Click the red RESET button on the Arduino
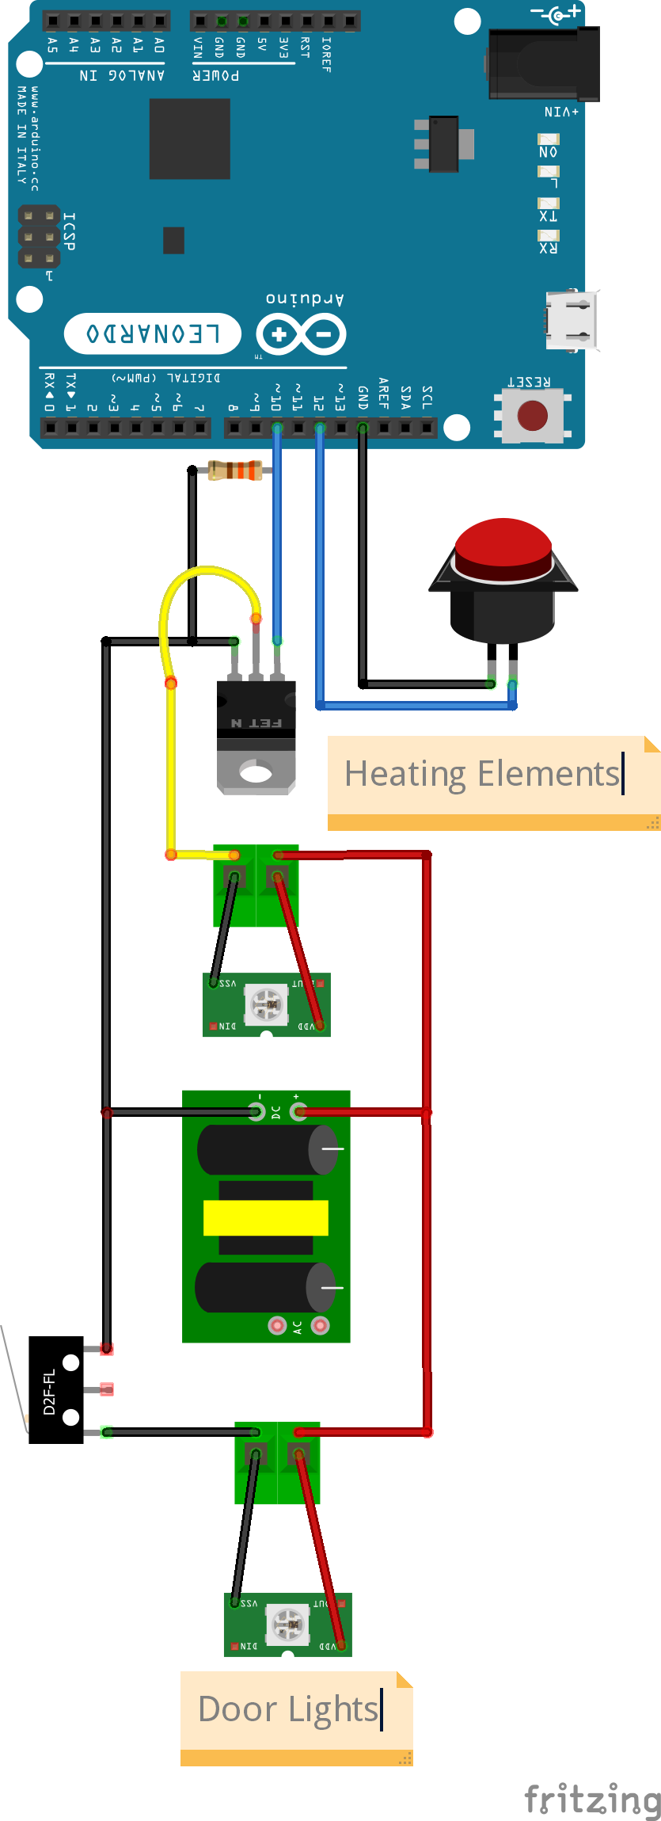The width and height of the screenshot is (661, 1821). coord(532,415)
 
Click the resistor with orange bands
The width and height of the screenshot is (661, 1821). coord(235,470)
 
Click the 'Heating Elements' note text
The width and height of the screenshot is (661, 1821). coord(482,774)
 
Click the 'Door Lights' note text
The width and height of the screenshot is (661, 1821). coord(288,1709)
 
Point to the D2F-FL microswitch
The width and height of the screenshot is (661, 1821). coord(55,1390)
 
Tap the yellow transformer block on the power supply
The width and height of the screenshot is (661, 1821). coord(266,1218)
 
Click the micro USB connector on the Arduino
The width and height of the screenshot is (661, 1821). coord(570,321)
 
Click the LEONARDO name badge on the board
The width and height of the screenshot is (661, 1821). coord(153,333)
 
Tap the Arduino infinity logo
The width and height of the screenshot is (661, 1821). coord(301,334)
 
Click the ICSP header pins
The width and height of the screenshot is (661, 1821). coord(39,237)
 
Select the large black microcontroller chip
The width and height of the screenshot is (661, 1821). coord(190,139)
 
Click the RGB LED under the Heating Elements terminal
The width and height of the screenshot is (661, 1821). coord(267,1004)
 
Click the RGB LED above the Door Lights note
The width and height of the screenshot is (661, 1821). coord(288,1625)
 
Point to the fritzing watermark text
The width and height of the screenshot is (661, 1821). coord(592,1799)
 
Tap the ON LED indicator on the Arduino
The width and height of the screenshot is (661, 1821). coord(549,139)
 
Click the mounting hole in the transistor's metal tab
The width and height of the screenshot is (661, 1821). coord(256,772)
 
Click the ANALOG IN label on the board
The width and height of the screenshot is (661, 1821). coord(122,75)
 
